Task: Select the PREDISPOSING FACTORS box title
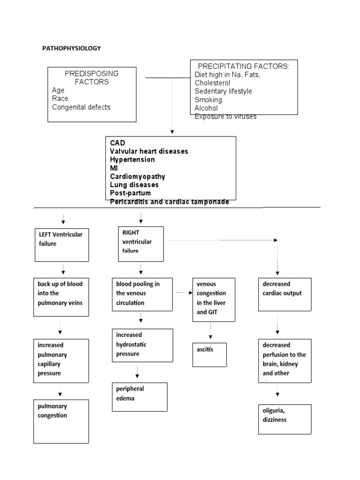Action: click(x=91, y=78)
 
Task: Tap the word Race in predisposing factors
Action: click(x=60, y=98)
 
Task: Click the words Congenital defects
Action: click(x=81, y=107)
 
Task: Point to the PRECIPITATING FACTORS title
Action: click(x=244, y=67)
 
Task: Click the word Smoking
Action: click(x=208, y=100)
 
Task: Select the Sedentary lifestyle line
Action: click(x=223, y=91)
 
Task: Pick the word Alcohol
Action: click(x=206, y=108)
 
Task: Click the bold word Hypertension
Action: click(x=132, y=160)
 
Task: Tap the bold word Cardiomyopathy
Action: click(x=137, y=177)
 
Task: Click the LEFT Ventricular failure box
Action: click(x=61, y=245)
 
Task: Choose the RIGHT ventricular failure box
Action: click(x=141, y=244)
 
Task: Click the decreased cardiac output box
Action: click(x=285, y=294)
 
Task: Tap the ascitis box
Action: click(x=209, y=354)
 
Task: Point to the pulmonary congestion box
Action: click(x=61, y=421)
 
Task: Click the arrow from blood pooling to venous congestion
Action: click(x=184, y=292)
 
